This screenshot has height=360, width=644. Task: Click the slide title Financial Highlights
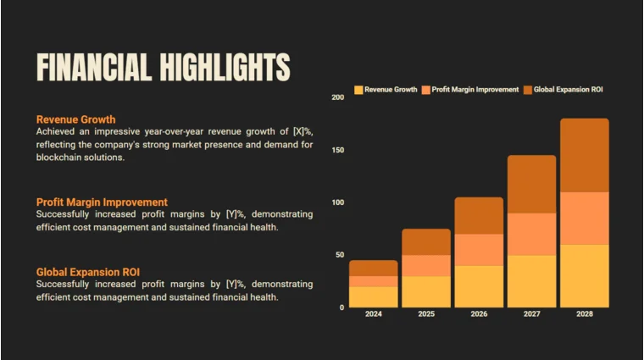tap(163, 67)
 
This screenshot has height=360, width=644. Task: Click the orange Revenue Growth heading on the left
tap(75, 119)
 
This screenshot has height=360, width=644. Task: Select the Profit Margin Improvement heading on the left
tap(102, 202)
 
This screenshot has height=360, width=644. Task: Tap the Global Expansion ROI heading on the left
tap(87, 272)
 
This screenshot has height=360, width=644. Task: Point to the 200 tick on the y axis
tap(338, 98)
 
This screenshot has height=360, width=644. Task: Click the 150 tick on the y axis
tap(338, 150)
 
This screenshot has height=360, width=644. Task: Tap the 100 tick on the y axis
tap(338, 202)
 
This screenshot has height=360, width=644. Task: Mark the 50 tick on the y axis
tap(340, 255)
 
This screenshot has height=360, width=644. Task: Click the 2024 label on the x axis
tap(373, 314)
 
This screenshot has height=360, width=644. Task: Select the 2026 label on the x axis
tap(479, 314)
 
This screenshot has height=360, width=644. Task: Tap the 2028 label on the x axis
tap(584, 314)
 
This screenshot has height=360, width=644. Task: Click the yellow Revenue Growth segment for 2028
tap(584, 275)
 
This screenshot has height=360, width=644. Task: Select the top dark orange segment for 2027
tap(531, 184)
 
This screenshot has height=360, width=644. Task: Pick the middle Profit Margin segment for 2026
tap(479, 250)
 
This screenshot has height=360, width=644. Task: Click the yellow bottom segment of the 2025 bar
tap(426, 291)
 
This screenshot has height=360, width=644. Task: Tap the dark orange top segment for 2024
tap(373, 268)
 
